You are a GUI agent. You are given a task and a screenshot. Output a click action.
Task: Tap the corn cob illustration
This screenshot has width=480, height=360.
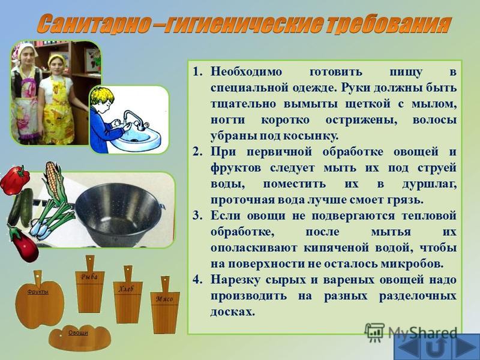53,180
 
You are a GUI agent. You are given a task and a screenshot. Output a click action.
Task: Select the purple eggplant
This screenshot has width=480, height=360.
23,244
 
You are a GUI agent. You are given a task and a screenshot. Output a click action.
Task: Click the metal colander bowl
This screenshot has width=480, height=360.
118,214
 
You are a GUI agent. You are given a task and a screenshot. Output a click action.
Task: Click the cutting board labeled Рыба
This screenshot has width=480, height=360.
89,284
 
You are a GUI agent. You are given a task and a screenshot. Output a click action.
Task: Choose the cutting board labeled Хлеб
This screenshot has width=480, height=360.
128,295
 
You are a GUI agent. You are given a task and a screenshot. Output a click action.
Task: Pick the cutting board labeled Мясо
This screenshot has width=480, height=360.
164,305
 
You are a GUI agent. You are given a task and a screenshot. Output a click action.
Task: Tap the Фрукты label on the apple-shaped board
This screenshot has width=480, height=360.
38,292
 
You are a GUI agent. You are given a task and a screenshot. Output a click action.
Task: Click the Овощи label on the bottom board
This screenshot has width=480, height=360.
78,333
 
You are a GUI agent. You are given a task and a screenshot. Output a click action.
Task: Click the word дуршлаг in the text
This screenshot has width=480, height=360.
429,184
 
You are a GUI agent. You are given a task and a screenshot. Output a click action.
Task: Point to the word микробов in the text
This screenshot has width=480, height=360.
412,264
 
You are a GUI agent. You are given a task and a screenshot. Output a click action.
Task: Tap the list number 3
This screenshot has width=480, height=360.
197,216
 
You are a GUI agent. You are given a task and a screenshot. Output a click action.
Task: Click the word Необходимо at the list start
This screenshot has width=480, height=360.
246,72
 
